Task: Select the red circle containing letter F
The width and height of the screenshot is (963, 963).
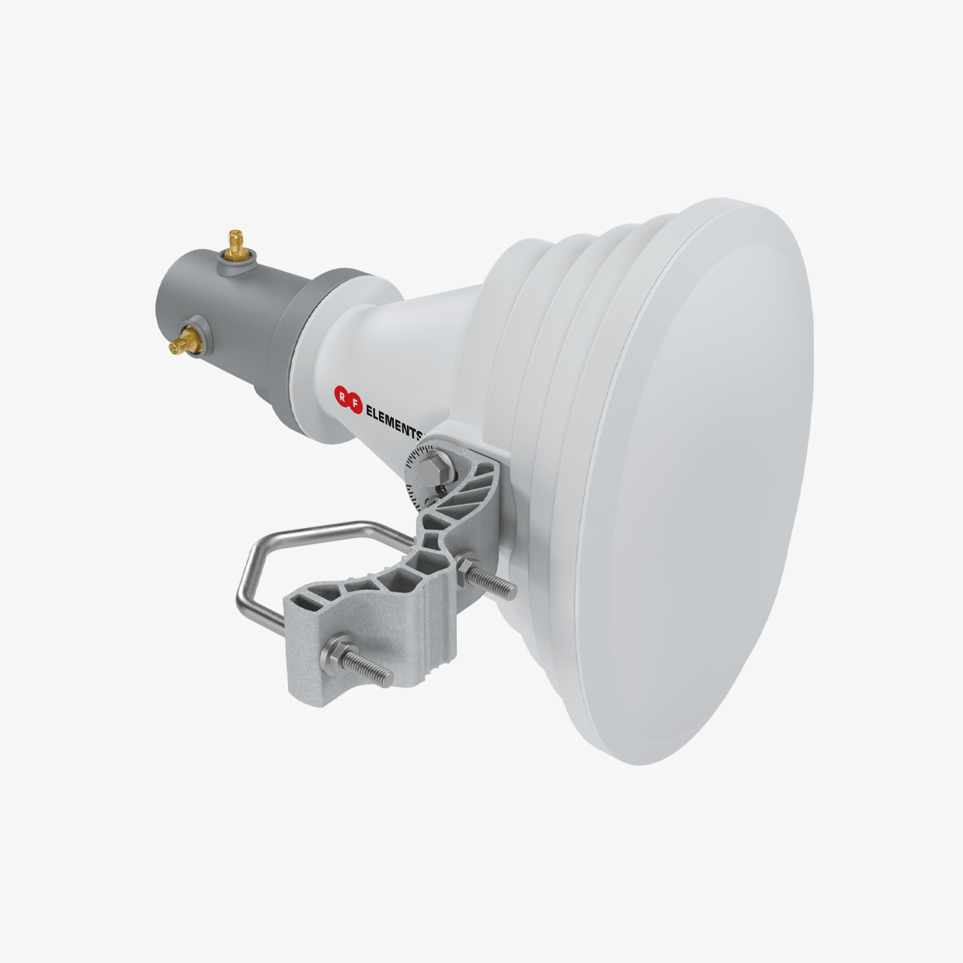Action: (355, 406)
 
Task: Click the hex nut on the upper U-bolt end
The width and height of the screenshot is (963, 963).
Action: (467, 566)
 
